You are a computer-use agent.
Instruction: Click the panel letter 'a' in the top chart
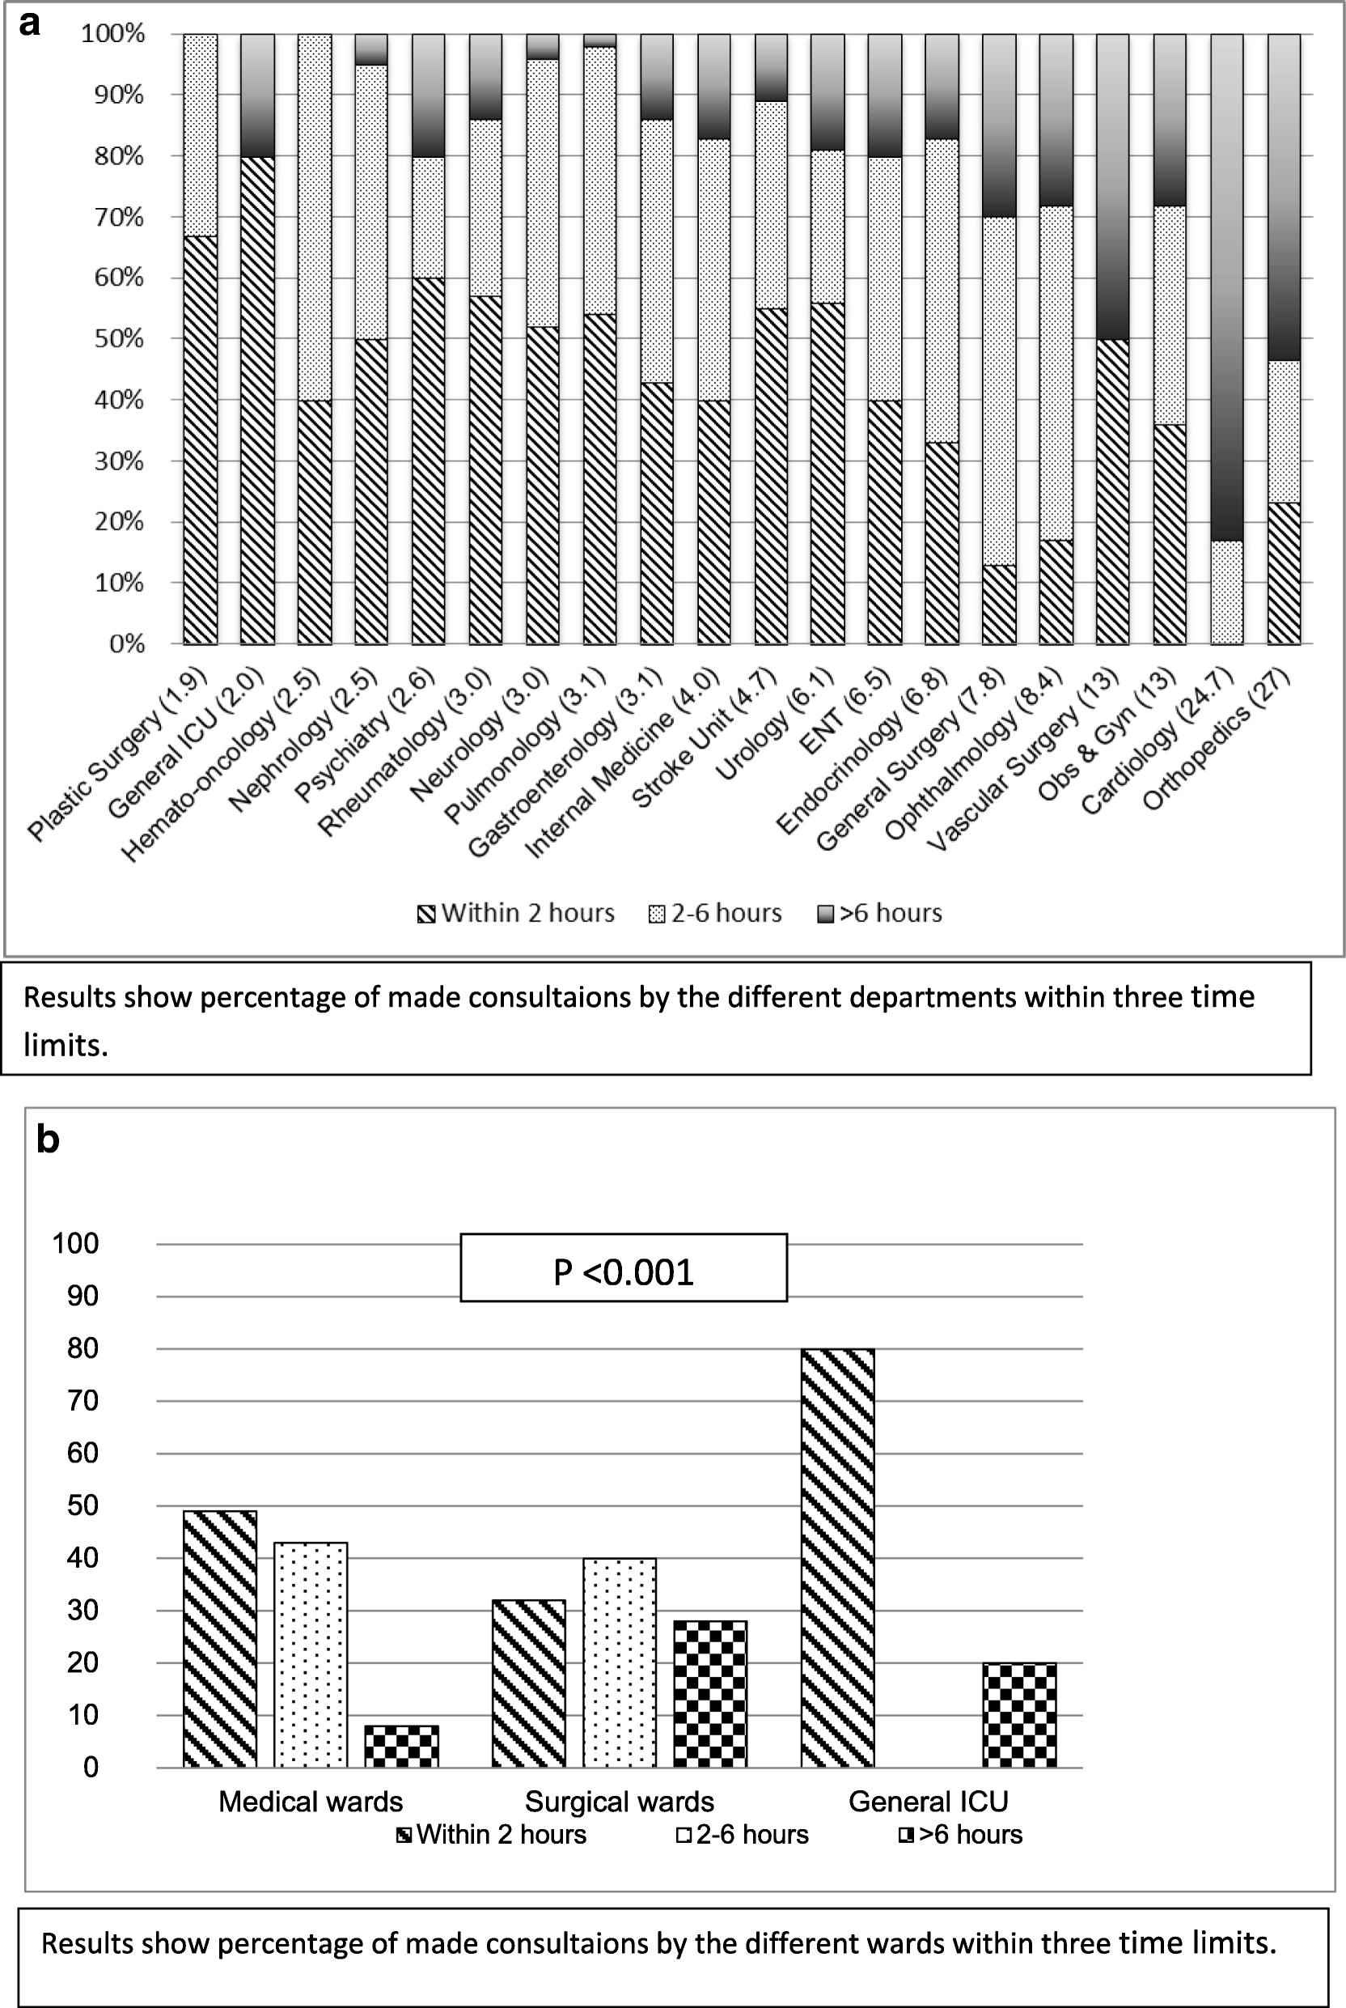coord(30,24)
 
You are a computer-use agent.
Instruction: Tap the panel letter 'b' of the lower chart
coord(48,1140)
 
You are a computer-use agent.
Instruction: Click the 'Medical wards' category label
coord(310,1801)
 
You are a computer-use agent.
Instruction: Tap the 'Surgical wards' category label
coord(619,1801)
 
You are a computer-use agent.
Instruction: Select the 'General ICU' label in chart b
coord(928,1801)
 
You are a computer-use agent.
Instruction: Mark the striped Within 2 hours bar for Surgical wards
coord(529,1683)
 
